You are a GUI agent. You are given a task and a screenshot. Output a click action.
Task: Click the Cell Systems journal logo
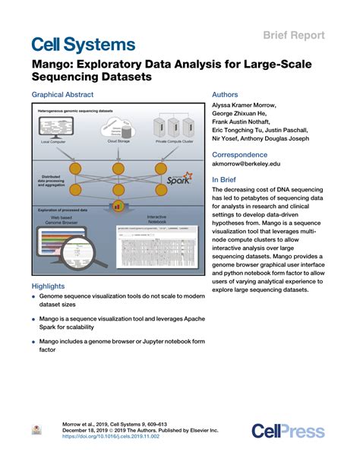point(84,43)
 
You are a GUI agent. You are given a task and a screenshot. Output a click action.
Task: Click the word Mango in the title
point(54,65)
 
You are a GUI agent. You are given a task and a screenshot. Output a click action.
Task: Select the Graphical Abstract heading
point(62,95)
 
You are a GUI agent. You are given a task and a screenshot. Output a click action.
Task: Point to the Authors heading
point(228,95)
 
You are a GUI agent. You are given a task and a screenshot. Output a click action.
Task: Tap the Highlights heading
point(50,286)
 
